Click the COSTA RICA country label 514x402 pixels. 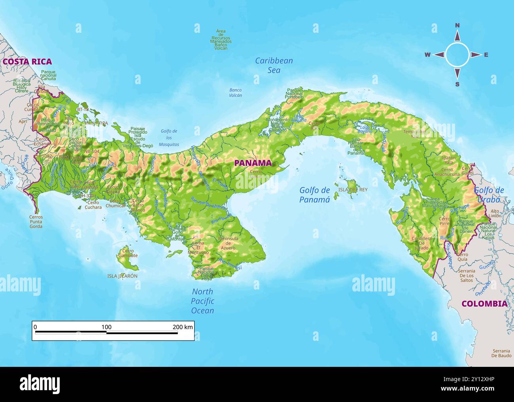pyautogui.click(x=27, y=62)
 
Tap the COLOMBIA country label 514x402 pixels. pyautogui.click(x=484, y=304)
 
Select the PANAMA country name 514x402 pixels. pyautogui.click(x=253, y=163)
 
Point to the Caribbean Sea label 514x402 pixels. pyautogui.click(x=274, y=66)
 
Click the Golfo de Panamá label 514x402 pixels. pyautogui.click(x=314, y=195)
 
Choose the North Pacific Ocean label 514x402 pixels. pyautogui.click(x=202, y=301)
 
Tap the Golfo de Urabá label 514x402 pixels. pyautogui.click(x=489, y=195)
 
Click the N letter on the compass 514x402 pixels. pyautogui.click(x=457, y=26)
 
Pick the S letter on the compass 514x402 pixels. pyautogui.click(x=457, y=84)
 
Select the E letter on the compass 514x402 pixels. pyautogui.click(x=486, y=55)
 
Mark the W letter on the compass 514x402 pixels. pyautogui.click(x=427, y=55)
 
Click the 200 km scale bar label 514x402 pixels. pyautogui.click(x=183, y=327)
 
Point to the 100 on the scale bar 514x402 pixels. pyautogui.click(x=106, y=327)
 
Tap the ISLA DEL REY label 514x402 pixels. pyautogui.click(x=353, y=190)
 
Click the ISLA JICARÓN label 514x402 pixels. pyautogui.click(x=122, y=276)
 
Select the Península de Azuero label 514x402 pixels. pyautogui.click(x=228, y=243)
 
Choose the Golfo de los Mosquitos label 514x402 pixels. pyautogui.click(x=169, y=138)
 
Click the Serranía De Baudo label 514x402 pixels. pyautogui.click(x=501, y=353)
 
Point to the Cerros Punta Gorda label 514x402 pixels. pyautogui.click(x=36, y=222)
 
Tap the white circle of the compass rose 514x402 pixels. pyautogui.click(x=457, y=55)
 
